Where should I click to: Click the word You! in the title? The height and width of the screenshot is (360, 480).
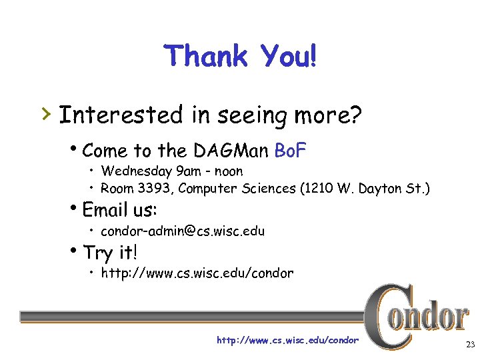click(280, 57)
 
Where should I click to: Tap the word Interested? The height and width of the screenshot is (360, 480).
click(121, 115)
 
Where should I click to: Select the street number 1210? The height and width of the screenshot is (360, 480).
click(318, 189)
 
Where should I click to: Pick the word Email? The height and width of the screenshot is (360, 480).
click(106, 210)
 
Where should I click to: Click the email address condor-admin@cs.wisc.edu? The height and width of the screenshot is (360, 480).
click(183, 231)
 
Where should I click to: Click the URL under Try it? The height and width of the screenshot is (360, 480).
click(197, 273)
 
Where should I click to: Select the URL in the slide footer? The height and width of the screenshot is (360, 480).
click(287, 341)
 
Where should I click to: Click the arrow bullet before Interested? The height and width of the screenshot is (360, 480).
click(45, 115)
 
